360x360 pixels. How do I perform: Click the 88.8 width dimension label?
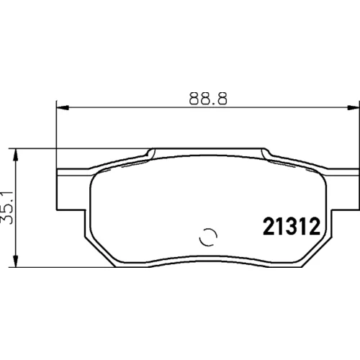coord(208,99)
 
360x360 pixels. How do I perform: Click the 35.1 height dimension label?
coord(7,208)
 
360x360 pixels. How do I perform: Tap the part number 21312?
coord(292,227)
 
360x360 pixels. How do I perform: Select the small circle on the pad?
coord(208,237)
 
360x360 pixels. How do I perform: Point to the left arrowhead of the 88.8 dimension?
coord(63,108)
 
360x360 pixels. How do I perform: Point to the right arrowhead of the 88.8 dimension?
coord(354,108)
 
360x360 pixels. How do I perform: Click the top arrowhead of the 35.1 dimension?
coord(16,155)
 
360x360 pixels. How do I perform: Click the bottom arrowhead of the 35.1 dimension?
coord(16,261)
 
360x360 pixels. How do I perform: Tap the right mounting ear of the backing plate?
coord(343,189)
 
